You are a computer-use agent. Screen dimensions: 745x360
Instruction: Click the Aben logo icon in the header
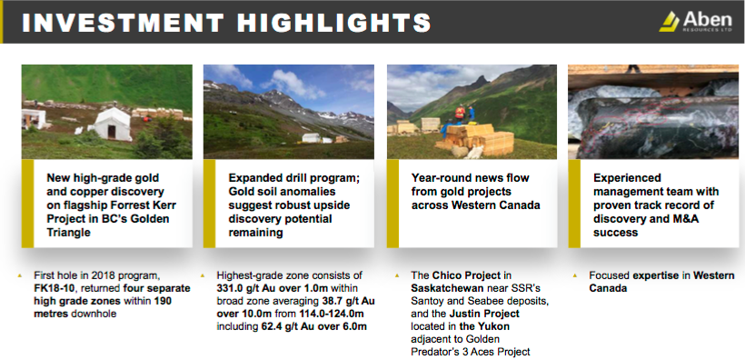click(x=670, y=22)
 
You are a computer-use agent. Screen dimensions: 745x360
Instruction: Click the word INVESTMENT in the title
click(x=123, y=23)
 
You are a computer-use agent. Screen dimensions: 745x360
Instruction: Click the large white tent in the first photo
click(x=111, y=125)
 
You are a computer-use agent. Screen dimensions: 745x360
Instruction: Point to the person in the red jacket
click(x=460, y=114)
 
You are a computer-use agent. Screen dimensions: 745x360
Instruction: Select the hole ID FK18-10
click(x=53, y=288)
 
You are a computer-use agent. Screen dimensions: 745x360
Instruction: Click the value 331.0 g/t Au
click(x=246, y=288)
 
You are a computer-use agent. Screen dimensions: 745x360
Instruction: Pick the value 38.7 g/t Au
click(x=345, y=301)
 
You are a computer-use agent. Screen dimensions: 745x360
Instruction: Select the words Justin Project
click(x=490, y=314)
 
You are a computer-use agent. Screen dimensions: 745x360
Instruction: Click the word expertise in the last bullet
click(x=661, y=275)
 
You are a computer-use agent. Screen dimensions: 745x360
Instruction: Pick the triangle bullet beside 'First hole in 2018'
click(x=19, y=275)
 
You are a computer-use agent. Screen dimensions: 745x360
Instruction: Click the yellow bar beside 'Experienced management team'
click(x=574, y=204)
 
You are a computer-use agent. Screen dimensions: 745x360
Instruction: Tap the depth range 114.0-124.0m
click(x=332, y=314)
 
